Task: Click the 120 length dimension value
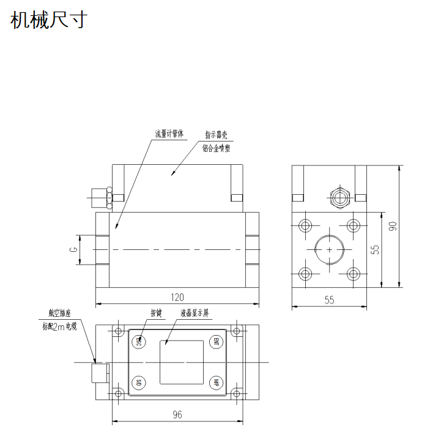click(x=177, y=297)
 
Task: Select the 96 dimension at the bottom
click(x=177, y=415)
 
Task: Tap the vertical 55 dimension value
click(x=376, y=249)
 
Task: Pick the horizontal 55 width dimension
click(x=329, y=300)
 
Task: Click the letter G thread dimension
click(x=72, y=250)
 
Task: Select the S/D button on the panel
click(x=139, y=383)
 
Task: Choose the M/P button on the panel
click(x=215, y=383)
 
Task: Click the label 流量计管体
click(x=169, y=133)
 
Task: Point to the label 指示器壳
click(x=217, y=135)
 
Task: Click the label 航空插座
click(x=59, y=314)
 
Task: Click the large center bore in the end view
click(x=330, y=250)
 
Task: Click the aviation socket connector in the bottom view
click(x=98, y=372)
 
